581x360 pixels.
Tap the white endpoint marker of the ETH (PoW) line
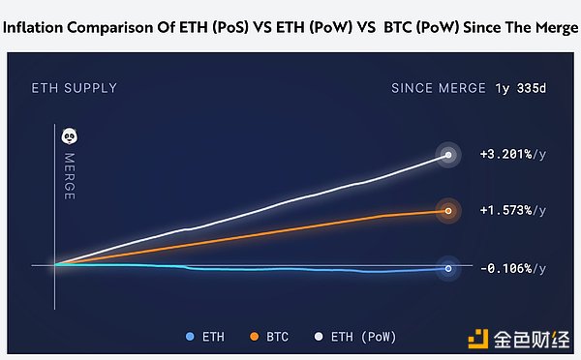click(x=448, y=155)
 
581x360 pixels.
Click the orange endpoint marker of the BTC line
click(x=448, y=210)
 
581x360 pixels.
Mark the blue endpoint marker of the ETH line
click(x=448, y=268)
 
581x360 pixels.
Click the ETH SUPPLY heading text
click(x=75, y=88)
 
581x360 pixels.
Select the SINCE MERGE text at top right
click(x=438, y=88)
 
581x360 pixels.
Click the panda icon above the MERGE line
click(x=70, y=136)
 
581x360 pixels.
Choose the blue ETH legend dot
click(x=190, y=337)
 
